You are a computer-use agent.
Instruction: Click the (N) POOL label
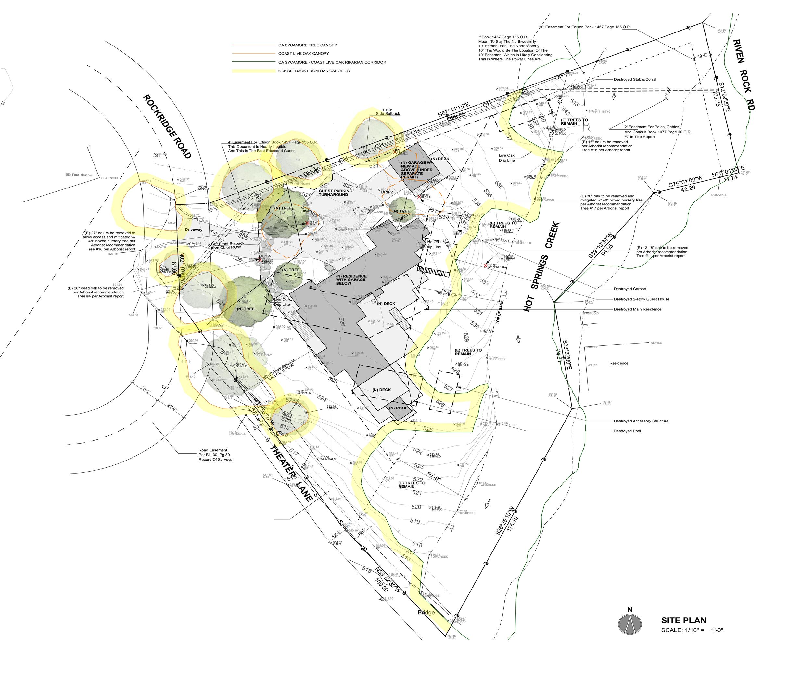(x=398, y=408)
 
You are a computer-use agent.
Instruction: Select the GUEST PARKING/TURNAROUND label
(x=333, y=193)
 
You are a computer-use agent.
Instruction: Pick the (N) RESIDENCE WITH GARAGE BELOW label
(x=351, y=280)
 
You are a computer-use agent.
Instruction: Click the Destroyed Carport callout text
(x=629, y=289)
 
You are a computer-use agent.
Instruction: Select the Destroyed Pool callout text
(x=627, y=431)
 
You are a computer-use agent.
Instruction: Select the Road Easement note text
(x=215, y=455)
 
